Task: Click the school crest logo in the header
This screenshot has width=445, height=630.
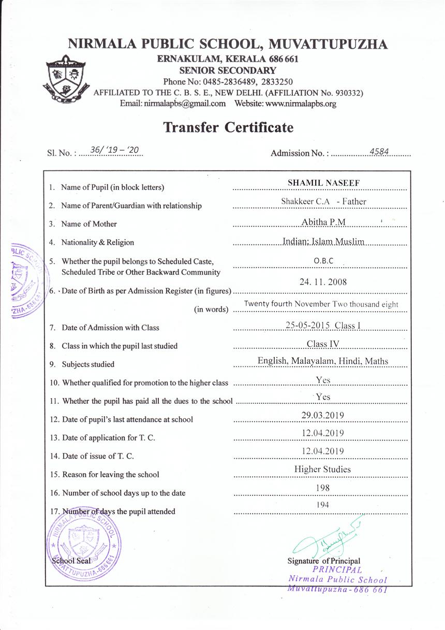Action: [66, 79]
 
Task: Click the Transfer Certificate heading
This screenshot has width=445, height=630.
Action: [228, 127]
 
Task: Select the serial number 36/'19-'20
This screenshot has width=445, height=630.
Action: [115, 150]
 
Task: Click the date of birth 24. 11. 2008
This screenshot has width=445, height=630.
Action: [323, 282]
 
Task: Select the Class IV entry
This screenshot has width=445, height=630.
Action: [323, 344]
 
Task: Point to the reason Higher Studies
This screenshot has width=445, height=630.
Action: [322, 470]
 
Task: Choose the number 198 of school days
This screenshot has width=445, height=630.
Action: [322, 488]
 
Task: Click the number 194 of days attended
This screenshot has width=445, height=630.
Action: [322, 505]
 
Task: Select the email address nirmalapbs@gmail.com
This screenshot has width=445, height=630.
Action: [173, 104]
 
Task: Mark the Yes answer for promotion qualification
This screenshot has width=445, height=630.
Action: [323, 380]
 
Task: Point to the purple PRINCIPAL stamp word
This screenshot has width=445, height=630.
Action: [337, 570]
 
